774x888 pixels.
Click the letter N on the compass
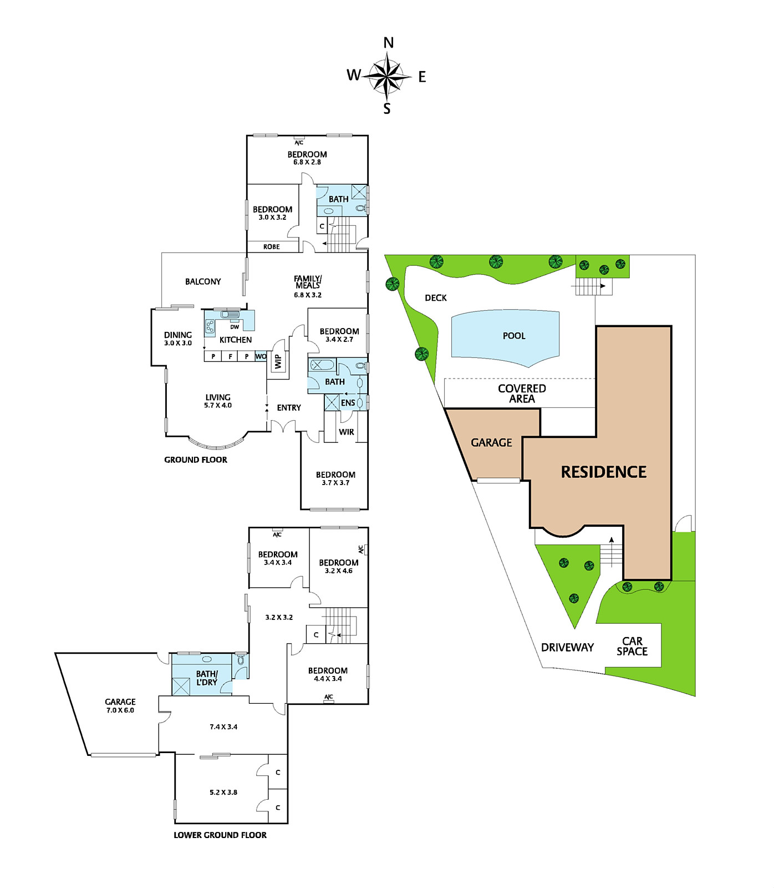pos(389,43)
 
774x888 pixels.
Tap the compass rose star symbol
pos(388,76)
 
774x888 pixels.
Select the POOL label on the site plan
pos(514,336)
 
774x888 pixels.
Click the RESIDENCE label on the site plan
pos(604,472)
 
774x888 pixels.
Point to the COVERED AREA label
pos(522,393)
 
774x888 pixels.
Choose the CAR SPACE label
pos(632,647)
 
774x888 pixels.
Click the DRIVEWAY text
pos(567,648)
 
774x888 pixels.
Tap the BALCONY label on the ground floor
pos(203,282)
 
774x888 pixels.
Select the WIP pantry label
pos(278,362)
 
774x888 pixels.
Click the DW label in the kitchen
pos(235,327)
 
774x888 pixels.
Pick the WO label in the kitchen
pos(261,356)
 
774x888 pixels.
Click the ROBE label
pos(272,247)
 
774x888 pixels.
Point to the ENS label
pos(348,403)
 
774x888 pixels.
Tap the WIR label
pos(347,432)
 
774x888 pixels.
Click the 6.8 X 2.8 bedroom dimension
pos(307,162)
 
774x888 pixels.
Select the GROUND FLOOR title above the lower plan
pos(196,460)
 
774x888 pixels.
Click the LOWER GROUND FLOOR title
pos(220,835)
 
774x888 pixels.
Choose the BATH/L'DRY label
pos(207,678)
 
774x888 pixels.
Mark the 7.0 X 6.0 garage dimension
pos(120,710)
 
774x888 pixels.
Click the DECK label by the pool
pos(436,298)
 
